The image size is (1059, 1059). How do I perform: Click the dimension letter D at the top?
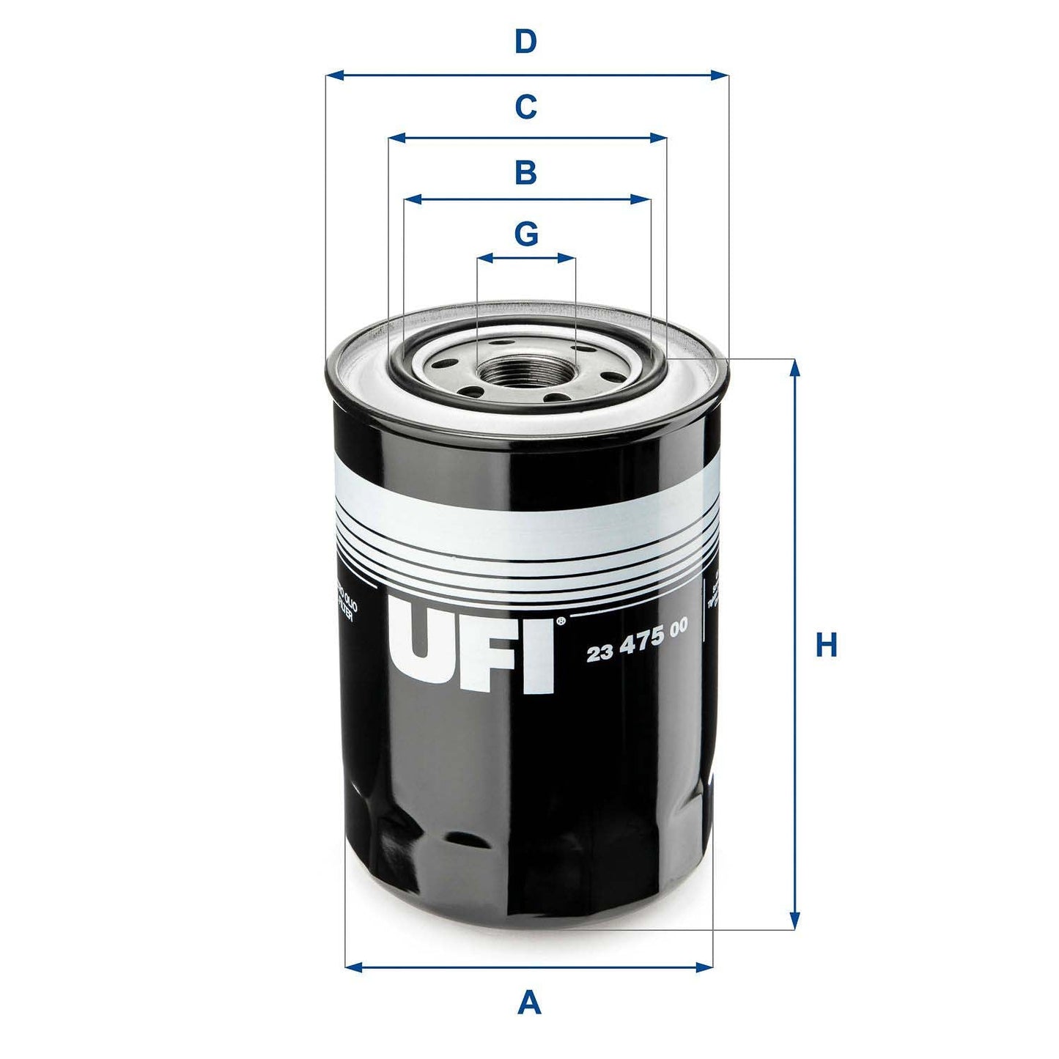point(525,43)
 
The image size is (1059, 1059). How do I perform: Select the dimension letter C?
point(525,107)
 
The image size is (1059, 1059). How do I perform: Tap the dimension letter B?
point(525,173)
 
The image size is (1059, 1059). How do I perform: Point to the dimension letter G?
point(525,234)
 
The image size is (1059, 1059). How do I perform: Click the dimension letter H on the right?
point(826,646)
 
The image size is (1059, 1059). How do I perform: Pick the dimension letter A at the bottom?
point(528,1002)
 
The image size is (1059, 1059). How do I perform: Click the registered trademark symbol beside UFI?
point(561,621)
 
